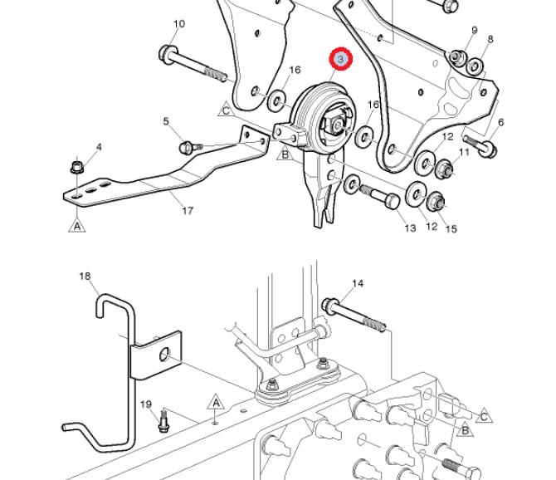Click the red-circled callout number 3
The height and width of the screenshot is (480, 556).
[341, 58]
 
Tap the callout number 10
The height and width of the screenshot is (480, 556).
[179, 24]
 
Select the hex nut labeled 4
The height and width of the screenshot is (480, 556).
[77, 167]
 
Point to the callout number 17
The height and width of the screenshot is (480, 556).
[188, 211]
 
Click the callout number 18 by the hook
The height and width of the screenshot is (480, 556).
[85, 276]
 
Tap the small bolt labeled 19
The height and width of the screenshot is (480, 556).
[163, 422]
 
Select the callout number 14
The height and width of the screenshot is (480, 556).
[358, 283]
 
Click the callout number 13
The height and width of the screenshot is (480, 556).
[410, 228]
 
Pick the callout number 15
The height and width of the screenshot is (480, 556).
[451, 229]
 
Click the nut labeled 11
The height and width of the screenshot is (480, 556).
[444, 169]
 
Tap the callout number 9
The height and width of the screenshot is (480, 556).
[475, 31]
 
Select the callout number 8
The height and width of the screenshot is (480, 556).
[490, 39]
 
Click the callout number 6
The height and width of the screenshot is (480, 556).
[500, 122]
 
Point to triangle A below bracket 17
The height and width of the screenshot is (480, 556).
[77, 226]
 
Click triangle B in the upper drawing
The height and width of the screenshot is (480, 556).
[285, 154]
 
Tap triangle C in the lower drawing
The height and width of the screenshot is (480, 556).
[484, 416]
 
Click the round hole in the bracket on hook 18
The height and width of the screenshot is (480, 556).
[164, 355]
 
